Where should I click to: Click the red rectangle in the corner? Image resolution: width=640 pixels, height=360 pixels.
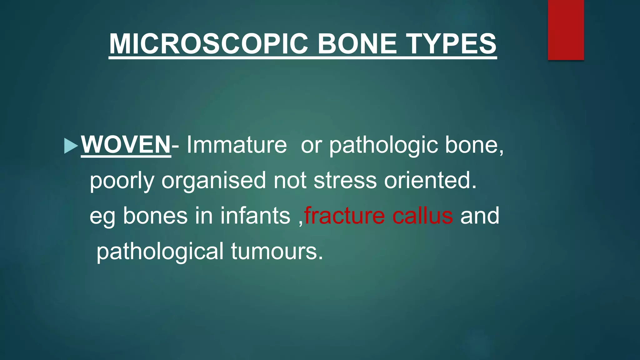tap(566, 30)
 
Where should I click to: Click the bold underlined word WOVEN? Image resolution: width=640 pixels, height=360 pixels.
tap(126, 145)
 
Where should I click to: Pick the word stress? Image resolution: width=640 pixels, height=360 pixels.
tap(345, 181)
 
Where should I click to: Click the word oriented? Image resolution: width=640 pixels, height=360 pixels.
tap(430, 181)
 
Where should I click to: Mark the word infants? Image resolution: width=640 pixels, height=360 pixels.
tap(255, 216)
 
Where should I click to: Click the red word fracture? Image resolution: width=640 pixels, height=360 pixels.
tap(345, 216)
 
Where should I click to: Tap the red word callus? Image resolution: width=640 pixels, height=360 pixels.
tap(422, 216)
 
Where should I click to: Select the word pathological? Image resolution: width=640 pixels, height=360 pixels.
tap(160, 252)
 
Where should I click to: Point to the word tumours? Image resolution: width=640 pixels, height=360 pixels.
tap(277, 252)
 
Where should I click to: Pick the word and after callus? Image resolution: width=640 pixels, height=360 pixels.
tap(480, 216)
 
